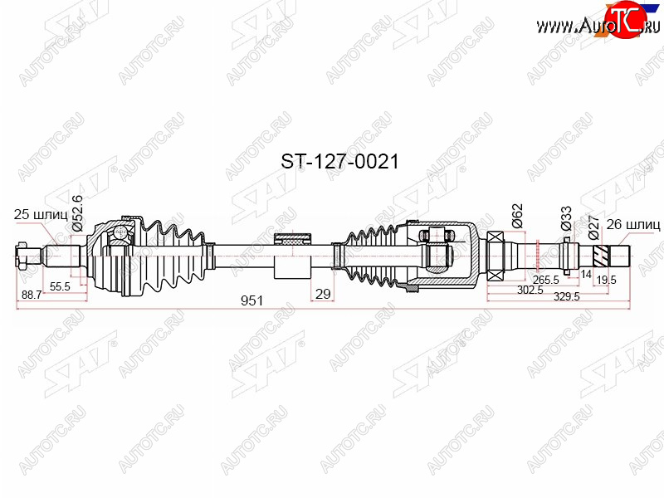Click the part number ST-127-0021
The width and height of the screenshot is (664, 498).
coord(339,162)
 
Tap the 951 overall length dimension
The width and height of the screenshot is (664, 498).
coord(251,300)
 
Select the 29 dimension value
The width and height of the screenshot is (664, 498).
coord(323,294)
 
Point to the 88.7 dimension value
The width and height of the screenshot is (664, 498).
coord(32,295)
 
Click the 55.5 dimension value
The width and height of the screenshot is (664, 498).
coord(60,286)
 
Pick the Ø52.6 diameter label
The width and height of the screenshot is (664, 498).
coord(77,213)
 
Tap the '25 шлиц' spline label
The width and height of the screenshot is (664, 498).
coord(41,214)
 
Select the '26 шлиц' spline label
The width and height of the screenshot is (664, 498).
coord(633,224)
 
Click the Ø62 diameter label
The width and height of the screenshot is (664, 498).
coord(517,216)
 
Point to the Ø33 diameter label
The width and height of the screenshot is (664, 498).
coord(566,218)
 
